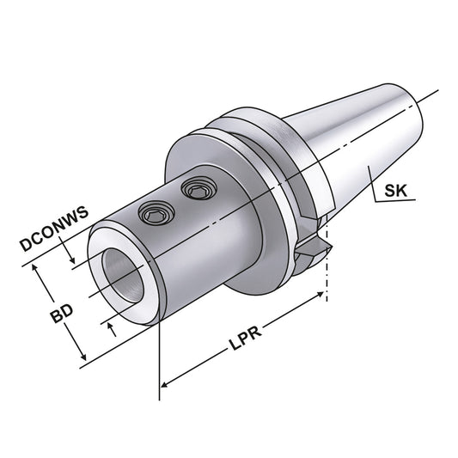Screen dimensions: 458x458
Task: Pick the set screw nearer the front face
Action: (155, 211)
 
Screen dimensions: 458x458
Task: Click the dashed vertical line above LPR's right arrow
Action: (327, 275)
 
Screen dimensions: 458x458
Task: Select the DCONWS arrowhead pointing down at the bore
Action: (73, 260)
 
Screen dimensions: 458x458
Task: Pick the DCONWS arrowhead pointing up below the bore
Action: (110, 327)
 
